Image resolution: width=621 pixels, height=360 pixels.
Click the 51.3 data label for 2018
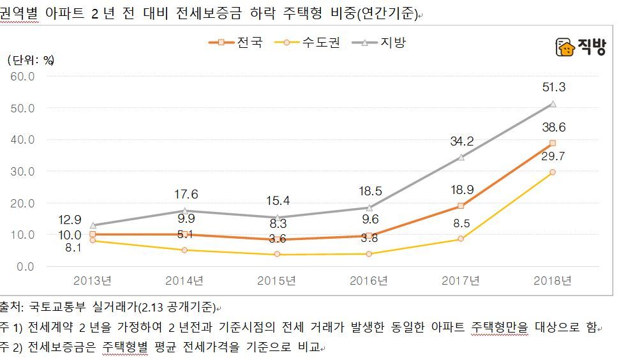click(x=553, y=88)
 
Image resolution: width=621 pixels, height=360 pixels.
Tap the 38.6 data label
click(x=553, y=128)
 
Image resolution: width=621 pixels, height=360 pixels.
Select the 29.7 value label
click(x=553, y=156)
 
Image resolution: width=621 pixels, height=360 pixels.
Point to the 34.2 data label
click(x=461, y=142)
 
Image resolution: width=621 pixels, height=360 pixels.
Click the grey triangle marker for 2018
click(x=553, y=103)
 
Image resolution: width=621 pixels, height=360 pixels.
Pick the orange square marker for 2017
click(x=461, y=206)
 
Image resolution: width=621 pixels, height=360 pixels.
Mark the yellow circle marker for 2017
click(x=461, y=239)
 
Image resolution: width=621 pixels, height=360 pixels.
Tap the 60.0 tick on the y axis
click(x=23, y=77)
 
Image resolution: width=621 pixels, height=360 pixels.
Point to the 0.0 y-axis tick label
click(x=26, y=267)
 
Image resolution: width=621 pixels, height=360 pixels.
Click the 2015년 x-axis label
click(x=276, y=281)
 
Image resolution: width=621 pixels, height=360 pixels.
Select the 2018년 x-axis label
click(x=553, y=281)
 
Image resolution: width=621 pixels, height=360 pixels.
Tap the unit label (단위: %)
click(x=31, y=60)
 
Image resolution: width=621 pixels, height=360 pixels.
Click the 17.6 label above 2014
click(x=184, y=195)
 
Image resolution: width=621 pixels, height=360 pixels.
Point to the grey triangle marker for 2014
click(x=184, y=211)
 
